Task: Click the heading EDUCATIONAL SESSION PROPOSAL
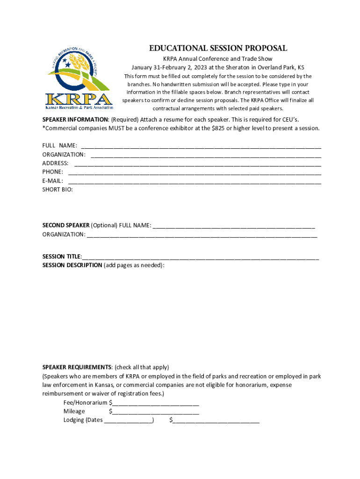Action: pyautogui.click(x=218, y=49)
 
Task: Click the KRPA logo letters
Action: pyautogui.click(x=79, y=99)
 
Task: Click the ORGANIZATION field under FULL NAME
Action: pyautogui.click(x=206, y=155)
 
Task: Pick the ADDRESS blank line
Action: pyautogui.click(x=197, y=164)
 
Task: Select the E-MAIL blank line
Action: pyautogui.click(x=194, y=181)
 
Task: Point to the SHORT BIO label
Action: pyautogui.click(x=58, y=189)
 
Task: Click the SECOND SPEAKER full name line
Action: pyautogui.click(x=234, y=225)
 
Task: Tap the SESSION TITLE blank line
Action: pyautogui.click(x=201, y=256)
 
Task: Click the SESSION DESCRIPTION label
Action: pyautogui.click(x=72, y=265)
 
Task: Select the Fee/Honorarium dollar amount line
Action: pyautogui.click(x=156, y=402)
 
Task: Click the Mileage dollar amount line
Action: pyautogui.click(x=156, y=411)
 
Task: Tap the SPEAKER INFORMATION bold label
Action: pyautogui.click(x=75, y=119)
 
